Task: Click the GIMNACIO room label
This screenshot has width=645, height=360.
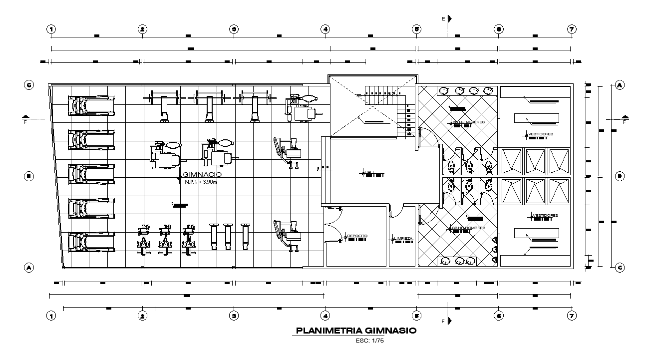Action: click(201, 175)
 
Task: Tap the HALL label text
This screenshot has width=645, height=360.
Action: click(370, 172)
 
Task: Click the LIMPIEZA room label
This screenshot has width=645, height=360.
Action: click(403, 239)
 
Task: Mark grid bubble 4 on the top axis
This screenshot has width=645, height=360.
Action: click(325, 29)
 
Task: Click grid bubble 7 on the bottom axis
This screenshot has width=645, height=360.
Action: click(572, 316)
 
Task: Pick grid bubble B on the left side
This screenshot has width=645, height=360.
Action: click(29, 176)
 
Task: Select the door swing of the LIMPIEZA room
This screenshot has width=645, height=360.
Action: click(396, 212)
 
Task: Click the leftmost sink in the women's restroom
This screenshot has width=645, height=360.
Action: click(443, 90)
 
